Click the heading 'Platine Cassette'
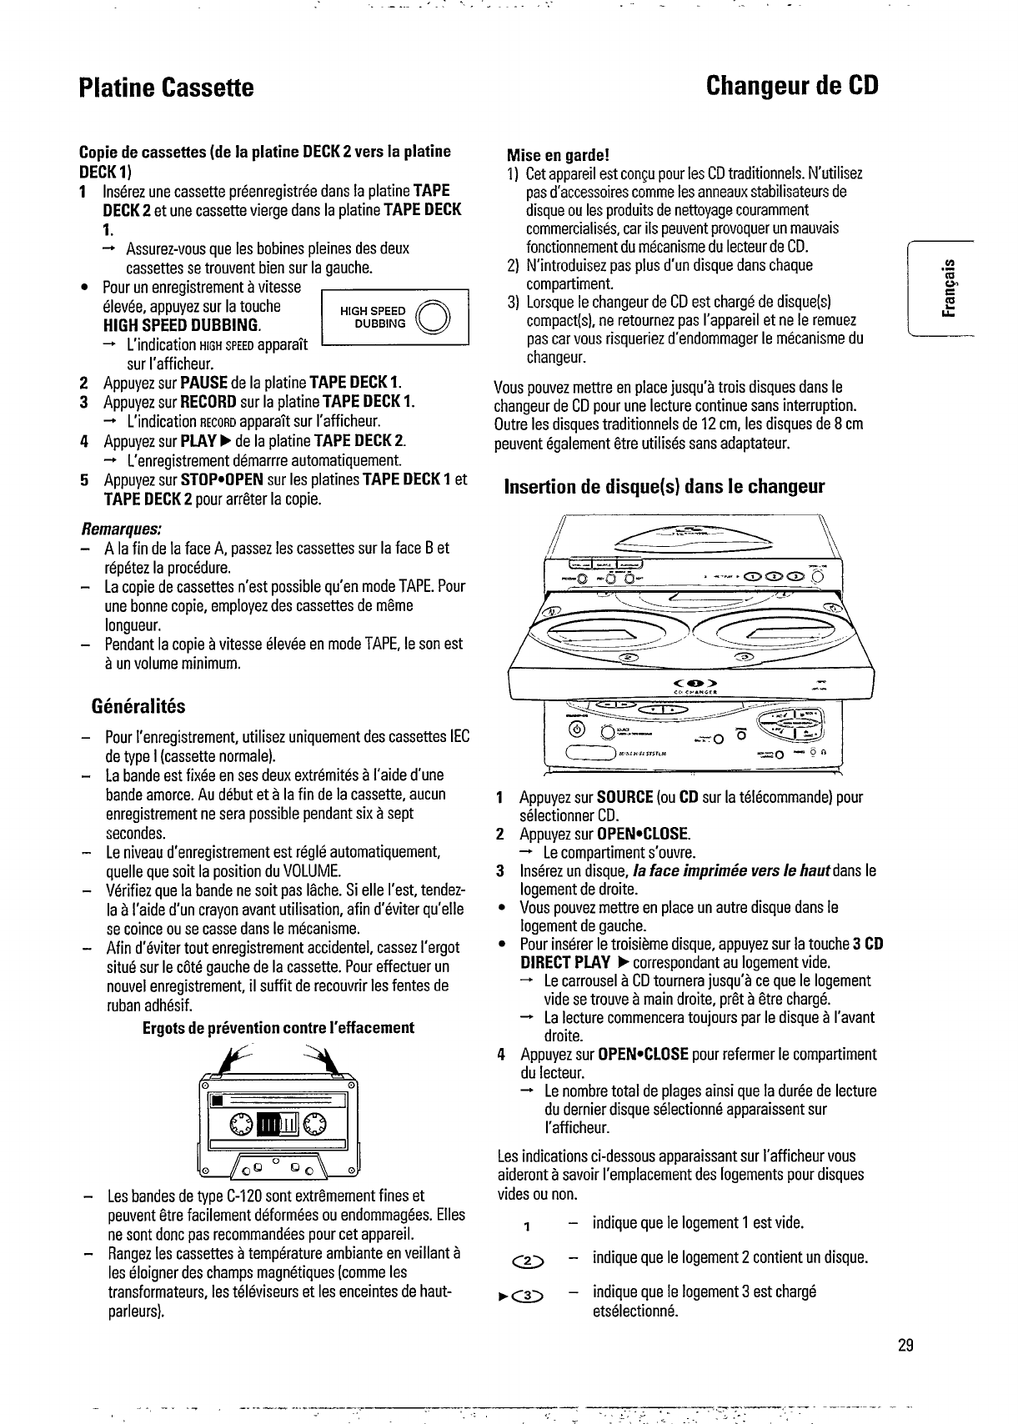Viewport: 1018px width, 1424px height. [165, 88]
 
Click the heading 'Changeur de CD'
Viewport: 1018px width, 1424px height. [791, 86]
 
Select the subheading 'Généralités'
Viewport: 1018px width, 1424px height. [138, 707]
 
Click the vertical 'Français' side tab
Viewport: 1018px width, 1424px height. [945, 288]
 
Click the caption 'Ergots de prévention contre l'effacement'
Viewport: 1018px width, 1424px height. [278, 1027]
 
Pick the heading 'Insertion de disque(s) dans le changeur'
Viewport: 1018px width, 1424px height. [664, 487]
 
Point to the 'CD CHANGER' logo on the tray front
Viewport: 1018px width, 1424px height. [691, 690]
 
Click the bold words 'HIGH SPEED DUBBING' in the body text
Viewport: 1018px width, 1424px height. [180, 325]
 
